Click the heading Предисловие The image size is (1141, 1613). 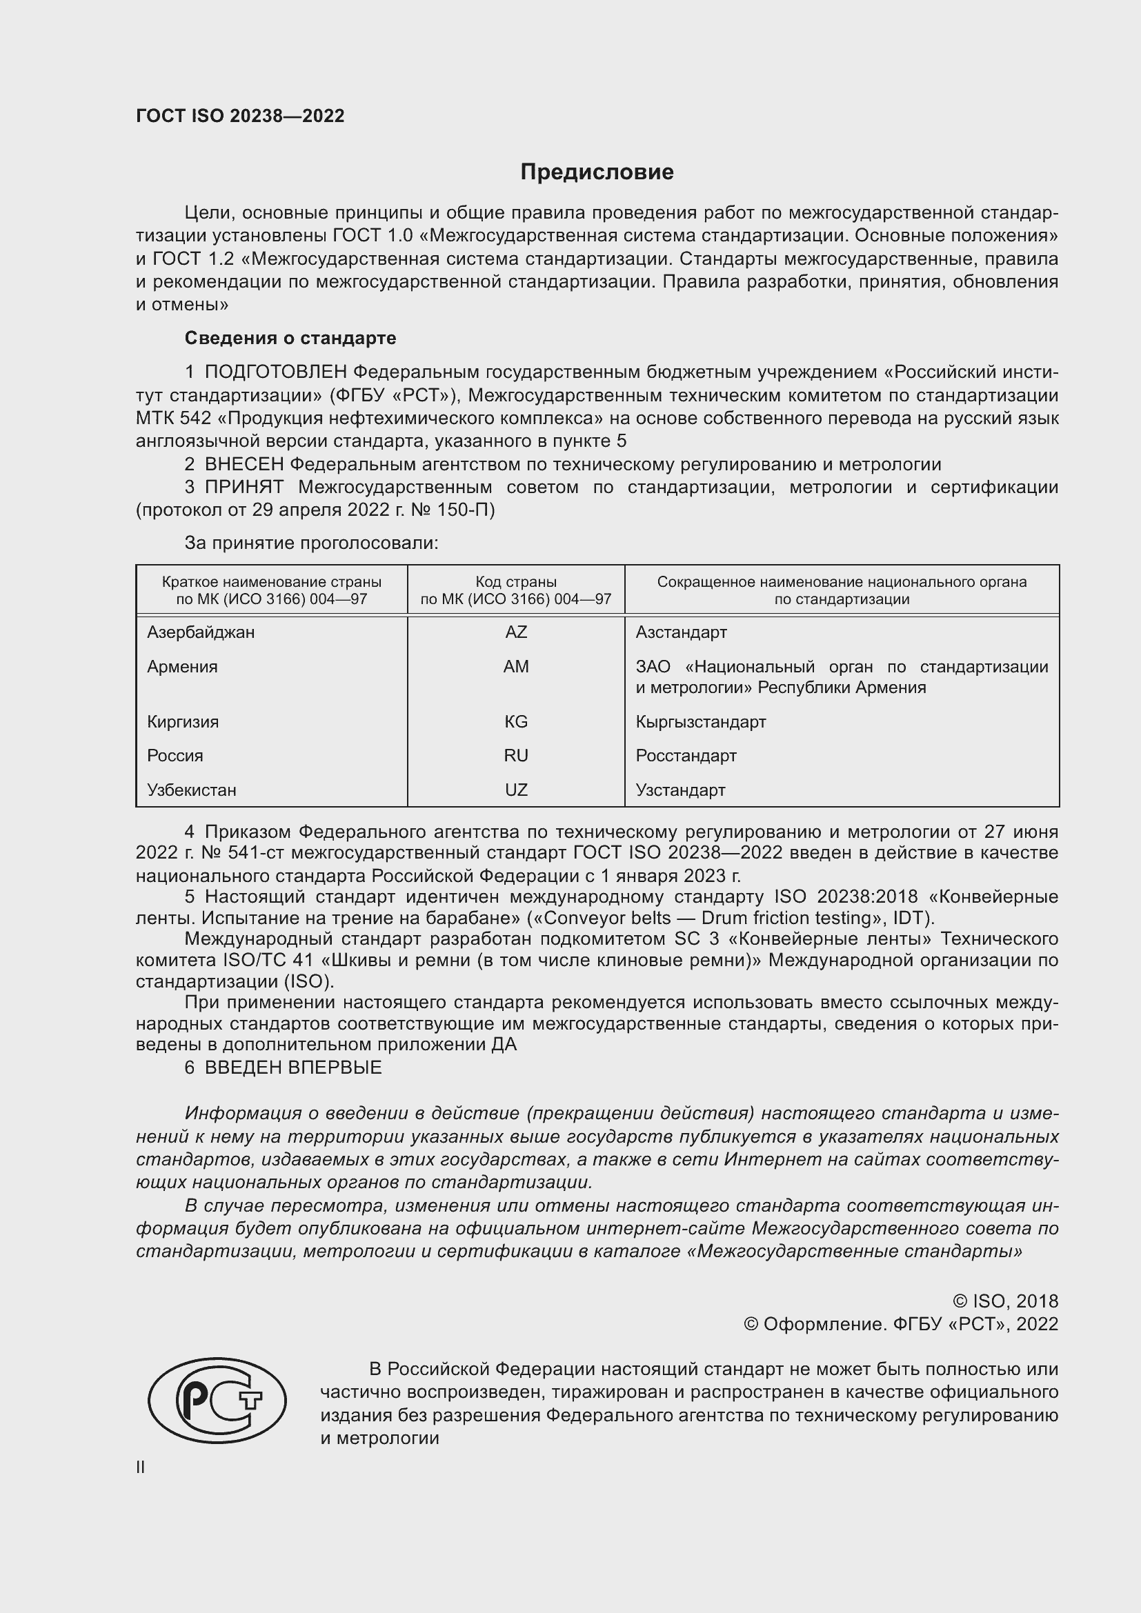[597, 172]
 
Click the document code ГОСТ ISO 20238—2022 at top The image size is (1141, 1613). [240, 117]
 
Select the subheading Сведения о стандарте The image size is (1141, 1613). [290, 338]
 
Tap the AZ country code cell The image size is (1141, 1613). [516, 632]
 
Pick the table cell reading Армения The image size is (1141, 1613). [182, 667]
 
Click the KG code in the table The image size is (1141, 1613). [516, 721]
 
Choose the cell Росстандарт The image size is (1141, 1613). [686, 756]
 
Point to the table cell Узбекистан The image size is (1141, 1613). [191, 790]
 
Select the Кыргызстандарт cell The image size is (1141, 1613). [700, 721]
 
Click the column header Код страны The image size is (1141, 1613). [516, 583]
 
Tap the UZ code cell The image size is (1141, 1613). [516, 790]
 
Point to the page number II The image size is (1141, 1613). [141, 1467]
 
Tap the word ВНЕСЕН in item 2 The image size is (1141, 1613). [244, 464]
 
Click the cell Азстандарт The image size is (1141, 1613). [681, 632]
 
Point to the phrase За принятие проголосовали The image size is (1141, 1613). [311, 543]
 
